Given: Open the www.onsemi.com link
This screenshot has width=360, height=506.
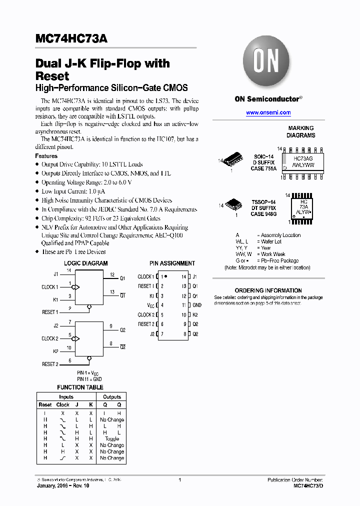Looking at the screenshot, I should coord(268,113).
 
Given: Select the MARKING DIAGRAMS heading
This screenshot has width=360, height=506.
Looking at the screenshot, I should coord(300,131).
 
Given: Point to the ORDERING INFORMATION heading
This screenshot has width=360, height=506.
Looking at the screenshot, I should coord(268,290).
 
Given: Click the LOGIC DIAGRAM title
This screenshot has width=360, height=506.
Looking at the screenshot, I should coord(85,263).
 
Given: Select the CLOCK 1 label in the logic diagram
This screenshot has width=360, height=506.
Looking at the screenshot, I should coord(49,287).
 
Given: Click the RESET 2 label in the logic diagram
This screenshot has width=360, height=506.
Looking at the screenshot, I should coord(50,364).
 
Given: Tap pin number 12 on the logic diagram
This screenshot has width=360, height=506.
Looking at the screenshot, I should coord(112,274).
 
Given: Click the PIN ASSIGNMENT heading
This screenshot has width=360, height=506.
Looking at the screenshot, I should coord(172,263).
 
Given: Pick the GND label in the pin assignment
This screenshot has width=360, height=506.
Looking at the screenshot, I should coord(197,305).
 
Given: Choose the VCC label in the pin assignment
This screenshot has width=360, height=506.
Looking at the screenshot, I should coord(150,305).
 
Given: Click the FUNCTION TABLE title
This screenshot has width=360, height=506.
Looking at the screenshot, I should coord(80,387).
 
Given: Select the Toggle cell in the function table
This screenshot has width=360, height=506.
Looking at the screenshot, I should coord(112,439).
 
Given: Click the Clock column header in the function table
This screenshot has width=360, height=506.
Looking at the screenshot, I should coord(63,404).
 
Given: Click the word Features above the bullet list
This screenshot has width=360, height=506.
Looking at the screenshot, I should coord(46,156).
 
